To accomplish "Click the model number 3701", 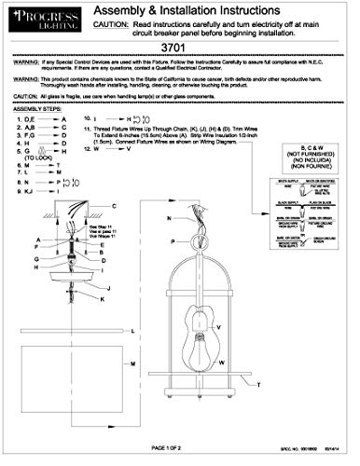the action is coord(181,48).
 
